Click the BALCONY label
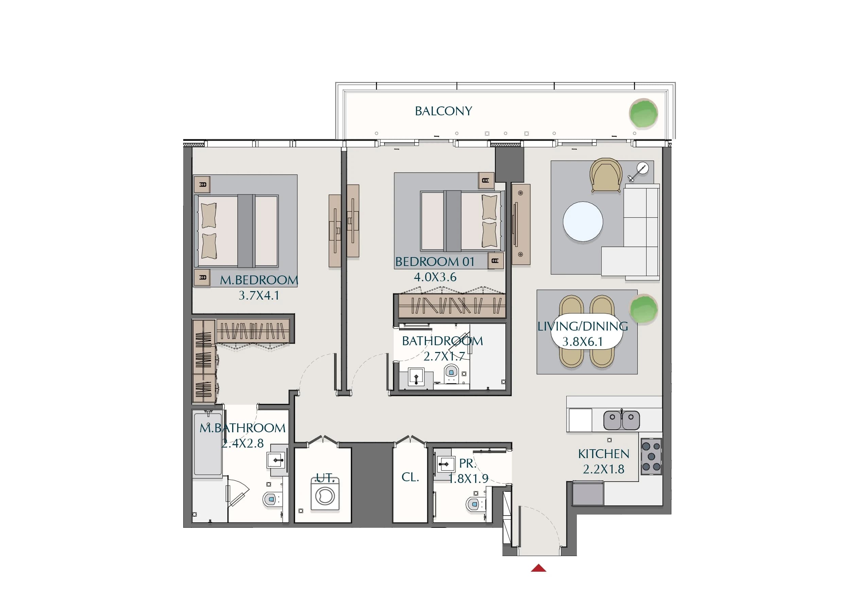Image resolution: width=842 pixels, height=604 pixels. click(443, 111)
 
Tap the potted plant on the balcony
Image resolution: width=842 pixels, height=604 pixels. click(643, 113)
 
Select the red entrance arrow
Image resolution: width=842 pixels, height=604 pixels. click(538, 568)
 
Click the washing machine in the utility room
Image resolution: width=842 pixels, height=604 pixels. click(325, 494)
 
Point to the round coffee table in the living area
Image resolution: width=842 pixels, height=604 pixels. click(583, 222)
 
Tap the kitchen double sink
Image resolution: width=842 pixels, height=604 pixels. click(621, 420)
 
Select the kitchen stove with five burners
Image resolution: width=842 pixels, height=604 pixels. click(652, 456)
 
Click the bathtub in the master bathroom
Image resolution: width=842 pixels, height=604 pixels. click(208, 443)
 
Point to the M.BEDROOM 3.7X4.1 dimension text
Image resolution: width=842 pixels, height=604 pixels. click(259, 287)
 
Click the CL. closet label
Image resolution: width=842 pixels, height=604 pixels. click(410, 477)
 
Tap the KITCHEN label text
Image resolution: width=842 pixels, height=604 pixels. click(604, 454)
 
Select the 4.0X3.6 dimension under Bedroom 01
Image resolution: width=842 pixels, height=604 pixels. click(435, 277)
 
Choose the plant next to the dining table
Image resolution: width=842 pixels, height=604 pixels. click(643, 309)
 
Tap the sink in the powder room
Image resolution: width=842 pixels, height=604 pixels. click(445, 464)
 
